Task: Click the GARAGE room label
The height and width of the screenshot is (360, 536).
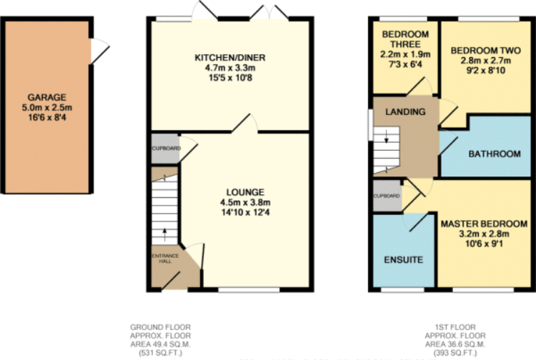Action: click(x=47, y=98)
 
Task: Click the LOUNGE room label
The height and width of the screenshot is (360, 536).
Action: click(x=245, y=192)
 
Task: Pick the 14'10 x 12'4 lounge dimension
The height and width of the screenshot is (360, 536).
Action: click(x=245, y=212)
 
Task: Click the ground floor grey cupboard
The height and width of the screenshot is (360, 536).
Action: click(x=164, y=149)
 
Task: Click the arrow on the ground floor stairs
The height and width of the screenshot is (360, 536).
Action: click(x=164, y=231)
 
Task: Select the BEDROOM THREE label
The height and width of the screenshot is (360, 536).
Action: click(x=405, y=40)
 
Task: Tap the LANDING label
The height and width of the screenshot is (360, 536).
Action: click(x=405, y=112)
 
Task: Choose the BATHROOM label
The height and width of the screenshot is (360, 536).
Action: click(x=494, y=154)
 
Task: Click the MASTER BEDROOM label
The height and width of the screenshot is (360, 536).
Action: click(x=484, y=224)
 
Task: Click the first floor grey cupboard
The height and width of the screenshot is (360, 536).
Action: click(x=387, y=196)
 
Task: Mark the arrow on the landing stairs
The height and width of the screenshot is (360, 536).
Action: click(x=386, y=141)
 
